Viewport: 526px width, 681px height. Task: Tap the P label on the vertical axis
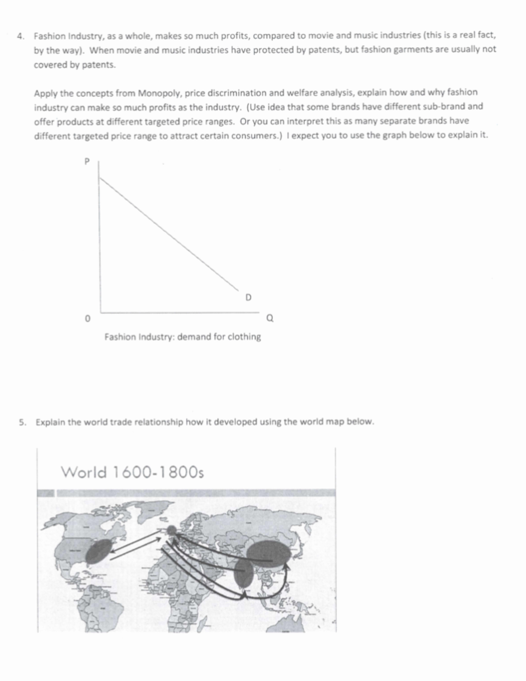tap(87, 162)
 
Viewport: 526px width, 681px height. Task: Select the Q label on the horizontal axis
tap(270, 318)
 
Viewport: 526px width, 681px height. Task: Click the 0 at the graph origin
tap(88, 319)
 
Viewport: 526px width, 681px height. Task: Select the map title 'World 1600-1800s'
tap(132, 472)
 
